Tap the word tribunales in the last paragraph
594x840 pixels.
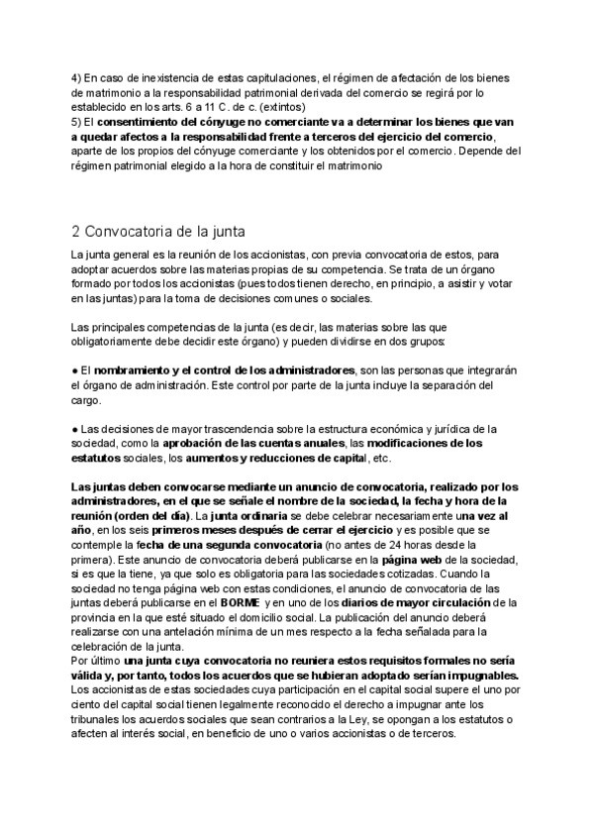click(102, 719)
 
